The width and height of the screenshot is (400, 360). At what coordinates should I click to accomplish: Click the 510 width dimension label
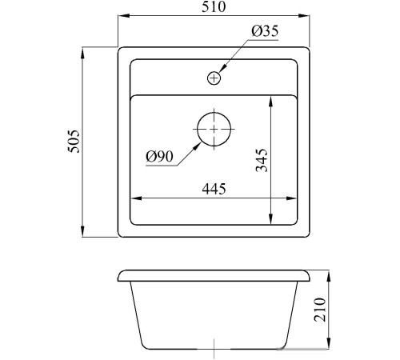214,6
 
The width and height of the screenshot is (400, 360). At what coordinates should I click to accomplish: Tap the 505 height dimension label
74,142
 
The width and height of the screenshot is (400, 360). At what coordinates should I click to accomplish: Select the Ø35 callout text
265,31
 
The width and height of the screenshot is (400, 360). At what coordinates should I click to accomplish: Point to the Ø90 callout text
159,157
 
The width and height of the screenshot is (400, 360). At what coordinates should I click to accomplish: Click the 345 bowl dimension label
262,160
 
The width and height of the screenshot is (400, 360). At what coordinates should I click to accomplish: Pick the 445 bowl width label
214,189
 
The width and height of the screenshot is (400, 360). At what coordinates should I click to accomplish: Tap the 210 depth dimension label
320,310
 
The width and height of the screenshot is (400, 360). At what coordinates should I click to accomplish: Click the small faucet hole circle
214,78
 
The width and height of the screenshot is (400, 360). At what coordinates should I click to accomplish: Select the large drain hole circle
214,129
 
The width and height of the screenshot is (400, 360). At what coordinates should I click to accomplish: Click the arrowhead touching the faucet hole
222,69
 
